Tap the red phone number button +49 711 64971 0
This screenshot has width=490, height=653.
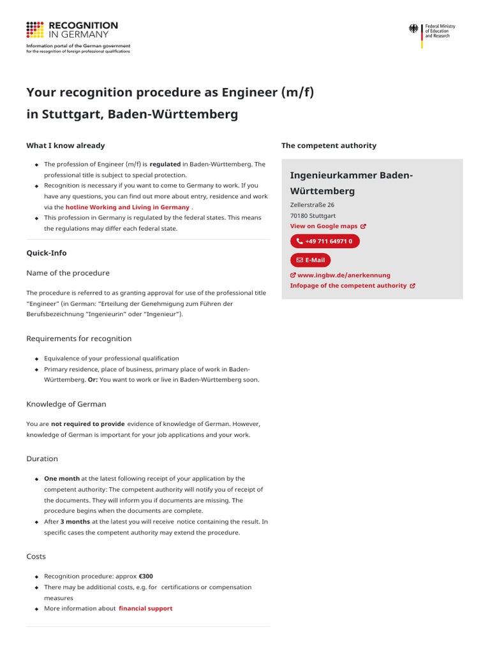(x=325, y=242)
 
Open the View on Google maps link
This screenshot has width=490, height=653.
(x=327, y=226)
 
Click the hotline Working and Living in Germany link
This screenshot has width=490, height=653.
(x=128, y=207)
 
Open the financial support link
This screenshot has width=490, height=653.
(x=145, y=608)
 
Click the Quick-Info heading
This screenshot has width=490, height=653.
(x=47, y=253)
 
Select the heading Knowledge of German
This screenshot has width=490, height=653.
(x=66, y=404)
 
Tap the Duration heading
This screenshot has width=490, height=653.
(x=42, y=459)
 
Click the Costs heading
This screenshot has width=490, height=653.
(x=36, y=556)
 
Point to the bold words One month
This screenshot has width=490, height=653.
(x=62, y=478)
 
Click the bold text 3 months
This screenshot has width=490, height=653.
(x=75, y=522)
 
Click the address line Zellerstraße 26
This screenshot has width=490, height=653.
(x=312, y=205)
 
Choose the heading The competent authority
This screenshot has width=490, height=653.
(x=329, y=145)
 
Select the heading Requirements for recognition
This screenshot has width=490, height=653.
(x=79, y=339)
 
